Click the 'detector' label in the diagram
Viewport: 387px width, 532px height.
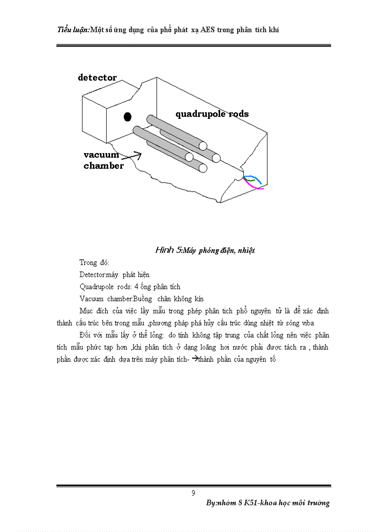tap(97, 78)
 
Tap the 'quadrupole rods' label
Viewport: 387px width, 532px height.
tap(212, 114)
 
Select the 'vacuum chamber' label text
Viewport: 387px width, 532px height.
tap(104, 160)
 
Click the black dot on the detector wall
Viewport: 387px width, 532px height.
tap(127, 117)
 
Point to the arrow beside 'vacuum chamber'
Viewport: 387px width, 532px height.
tap(136, 155)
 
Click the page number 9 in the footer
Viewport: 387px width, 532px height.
tap(193, 493)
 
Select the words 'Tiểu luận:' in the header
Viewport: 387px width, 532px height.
tap(73, 30)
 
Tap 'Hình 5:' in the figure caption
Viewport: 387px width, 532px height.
tap(168, 250)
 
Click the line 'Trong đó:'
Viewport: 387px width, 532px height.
tap(94, 262)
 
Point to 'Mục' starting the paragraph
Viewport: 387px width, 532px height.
tap(86, 311)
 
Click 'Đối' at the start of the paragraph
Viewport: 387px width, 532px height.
tap(86, 335)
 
